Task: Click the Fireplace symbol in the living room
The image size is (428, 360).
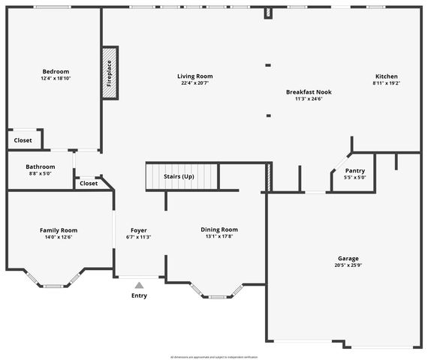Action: [109, 73]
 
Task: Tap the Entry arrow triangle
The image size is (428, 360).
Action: [139, 285]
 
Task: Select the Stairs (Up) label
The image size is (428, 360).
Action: [179, 177]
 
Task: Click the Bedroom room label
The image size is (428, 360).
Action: [56, 71]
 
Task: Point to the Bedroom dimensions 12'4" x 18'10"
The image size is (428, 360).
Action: [56, 79]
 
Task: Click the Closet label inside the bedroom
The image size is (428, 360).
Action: [23, 140]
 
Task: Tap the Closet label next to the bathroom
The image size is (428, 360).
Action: [89, 183]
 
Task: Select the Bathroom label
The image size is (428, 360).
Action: [40, 166]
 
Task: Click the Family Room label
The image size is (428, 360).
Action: [59, 230]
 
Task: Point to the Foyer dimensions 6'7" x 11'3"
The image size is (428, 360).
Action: [138, 237]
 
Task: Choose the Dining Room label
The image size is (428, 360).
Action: [219, 229]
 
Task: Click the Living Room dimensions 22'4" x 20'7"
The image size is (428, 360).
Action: [195, 83]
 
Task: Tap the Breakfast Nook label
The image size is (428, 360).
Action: [309, 92]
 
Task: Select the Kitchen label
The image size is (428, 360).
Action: [387, 76]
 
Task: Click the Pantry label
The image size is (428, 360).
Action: [355, 170]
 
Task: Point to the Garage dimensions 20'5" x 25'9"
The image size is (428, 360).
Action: [348, 265]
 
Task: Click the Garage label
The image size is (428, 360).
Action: [348, 257]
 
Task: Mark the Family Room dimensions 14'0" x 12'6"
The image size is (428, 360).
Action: [59, 238]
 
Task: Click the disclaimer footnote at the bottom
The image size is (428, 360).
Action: [214, 357]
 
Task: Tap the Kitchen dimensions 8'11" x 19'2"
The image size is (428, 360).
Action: [387, 84]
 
